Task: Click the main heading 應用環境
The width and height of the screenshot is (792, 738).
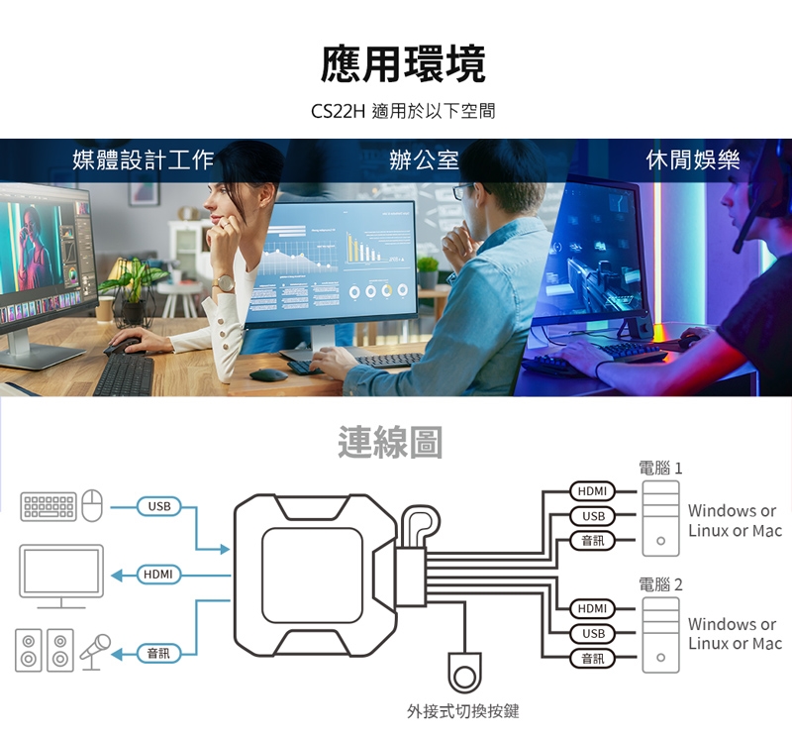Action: pyautogui.click(x=403, y=64)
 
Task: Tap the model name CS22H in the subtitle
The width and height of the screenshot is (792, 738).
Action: pyautogui.click(x=338, y=112)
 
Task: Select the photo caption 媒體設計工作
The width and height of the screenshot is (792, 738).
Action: pyautogui.click(x=144, y=160)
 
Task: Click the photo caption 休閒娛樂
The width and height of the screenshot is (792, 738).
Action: pyautogui.click(x=693, y=160)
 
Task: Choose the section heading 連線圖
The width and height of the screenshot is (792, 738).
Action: pyautogui.click(x=389, y=443)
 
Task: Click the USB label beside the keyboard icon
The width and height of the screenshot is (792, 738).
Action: pyautogui.click(x=158, y=507)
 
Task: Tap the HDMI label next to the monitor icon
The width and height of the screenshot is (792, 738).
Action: pyautogui.click(x=158, y=575)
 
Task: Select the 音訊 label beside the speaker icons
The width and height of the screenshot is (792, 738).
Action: pyautogui.click(x=158, y=653)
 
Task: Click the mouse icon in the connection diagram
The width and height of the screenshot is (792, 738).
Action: pyautogui.click(x=92, y=506)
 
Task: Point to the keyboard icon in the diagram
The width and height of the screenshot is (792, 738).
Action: pyautogui.click(x=49, y=506)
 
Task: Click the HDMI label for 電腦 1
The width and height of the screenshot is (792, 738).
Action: pyautogui.click(x=592, y=491)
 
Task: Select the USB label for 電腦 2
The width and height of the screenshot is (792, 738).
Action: pyautogui.click(x=593, y=633)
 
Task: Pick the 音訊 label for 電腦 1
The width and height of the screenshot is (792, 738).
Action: pyautogui.click(x=593, y=540)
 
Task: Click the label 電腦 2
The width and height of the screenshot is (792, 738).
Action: pyautogui.click(x=660, y=584)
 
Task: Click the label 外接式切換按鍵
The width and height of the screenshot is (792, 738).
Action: pyautogui.click(x=462, y=711)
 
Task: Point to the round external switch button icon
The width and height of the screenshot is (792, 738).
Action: pyautogui.click(x=463, y=675)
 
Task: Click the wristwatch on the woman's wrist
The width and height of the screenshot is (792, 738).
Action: pyautogui.click(x=224, y=283)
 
